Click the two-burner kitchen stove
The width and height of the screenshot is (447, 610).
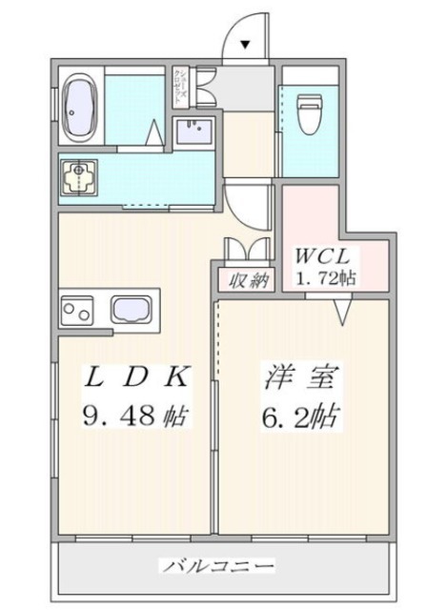coord(76,310)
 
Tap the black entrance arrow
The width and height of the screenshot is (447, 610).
coord(244,43)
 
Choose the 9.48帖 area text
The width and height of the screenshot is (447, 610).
coord(134,416)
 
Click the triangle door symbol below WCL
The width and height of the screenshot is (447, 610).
coord(343,310)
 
